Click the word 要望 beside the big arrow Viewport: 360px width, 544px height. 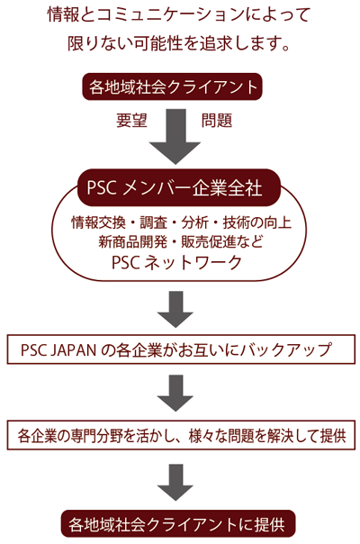click(131, 121)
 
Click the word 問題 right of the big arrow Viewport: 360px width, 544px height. click(217, 121)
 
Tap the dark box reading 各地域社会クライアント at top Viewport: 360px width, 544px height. click(173, 86)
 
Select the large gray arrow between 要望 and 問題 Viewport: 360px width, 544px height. click(175, 136)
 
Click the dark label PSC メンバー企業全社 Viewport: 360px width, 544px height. click(174, 187)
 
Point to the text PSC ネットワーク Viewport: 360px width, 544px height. click(176, 262)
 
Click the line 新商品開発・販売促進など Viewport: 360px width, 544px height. click(181, 241)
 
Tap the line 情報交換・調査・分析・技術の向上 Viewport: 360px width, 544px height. click(181, 222)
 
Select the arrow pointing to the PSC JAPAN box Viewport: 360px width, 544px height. click(175, 309)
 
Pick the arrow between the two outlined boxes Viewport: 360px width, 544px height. click(175, 394)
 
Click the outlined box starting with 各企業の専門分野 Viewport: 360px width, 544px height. click(181, 435)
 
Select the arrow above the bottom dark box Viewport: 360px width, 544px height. click(175, 483)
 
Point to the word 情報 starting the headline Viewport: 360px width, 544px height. click(64, 15)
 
